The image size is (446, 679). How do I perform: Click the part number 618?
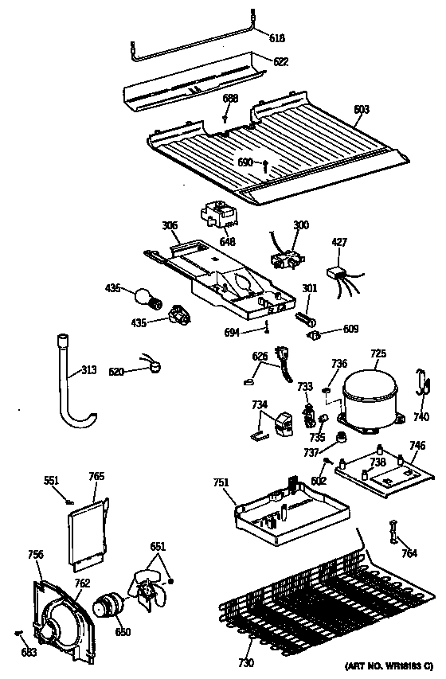tap(276, 38)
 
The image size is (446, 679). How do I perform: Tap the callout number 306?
tap(170, 225)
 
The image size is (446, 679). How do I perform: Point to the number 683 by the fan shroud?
tap(29, 654)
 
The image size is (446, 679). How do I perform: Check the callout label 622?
tap(281, 61)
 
